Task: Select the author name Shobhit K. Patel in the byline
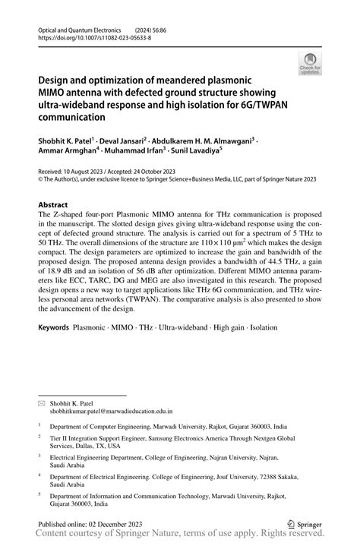coord(64,140)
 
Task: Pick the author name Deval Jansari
coord(127,140)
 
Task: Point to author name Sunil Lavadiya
coord(193,151)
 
